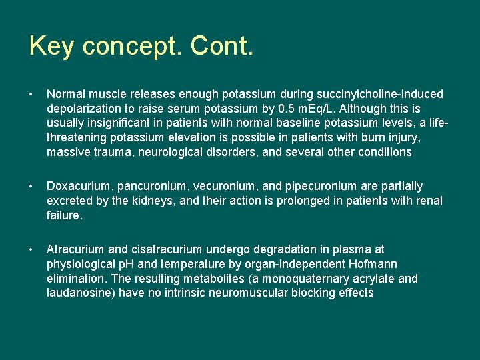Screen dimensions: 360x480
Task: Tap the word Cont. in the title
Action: click(221, 47)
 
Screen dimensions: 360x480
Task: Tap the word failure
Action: click(63, 215)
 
